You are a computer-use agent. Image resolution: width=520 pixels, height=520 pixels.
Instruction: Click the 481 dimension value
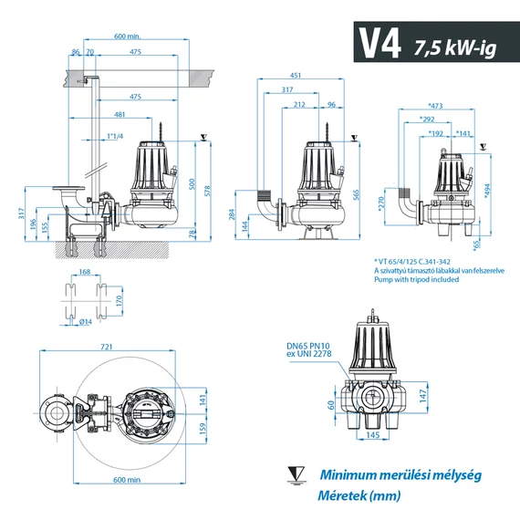coord(120,115)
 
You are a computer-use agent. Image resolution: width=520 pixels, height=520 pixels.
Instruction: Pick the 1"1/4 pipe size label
coord(115,136)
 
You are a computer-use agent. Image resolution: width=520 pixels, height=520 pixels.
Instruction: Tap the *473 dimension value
coord(435,107)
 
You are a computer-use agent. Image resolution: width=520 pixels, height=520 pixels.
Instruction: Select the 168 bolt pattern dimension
coord(85,271)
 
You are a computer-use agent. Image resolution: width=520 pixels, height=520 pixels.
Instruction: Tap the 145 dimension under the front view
coord(372,434)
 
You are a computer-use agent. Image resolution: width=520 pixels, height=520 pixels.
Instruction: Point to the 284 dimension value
coord(233,218)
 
